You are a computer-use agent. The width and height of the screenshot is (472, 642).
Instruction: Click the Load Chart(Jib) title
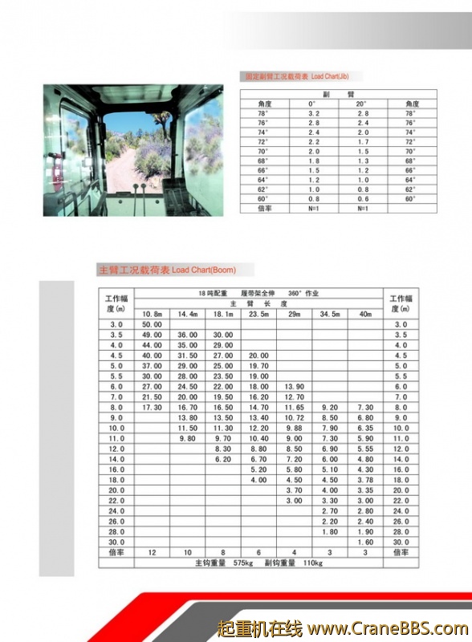coord(296,77)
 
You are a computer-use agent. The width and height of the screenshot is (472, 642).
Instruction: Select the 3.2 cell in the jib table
coord(314,114)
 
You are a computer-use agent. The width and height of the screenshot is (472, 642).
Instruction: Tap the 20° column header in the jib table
coord(361,104)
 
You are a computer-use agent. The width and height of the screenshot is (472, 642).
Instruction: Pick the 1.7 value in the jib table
coord(362,142)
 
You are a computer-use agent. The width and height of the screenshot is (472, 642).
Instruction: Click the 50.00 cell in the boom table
coord(152,324)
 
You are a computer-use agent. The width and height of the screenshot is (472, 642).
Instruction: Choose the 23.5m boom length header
coord(258,314)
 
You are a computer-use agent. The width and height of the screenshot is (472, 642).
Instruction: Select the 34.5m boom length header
coord(330,314)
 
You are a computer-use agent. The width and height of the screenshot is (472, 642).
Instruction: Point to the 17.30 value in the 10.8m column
coord(152,408)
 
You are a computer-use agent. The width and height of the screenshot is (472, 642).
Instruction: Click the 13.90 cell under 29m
coord(294,387)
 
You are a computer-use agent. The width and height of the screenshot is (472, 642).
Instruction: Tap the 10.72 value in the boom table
coord(294,418)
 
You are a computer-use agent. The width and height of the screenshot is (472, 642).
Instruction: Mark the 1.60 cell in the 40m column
coord(365,542)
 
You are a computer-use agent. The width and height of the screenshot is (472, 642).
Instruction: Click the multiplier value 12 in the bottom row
coord(152,553)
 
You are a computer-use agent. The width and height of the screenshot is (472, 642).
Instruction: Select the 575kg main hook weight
coord(244,563)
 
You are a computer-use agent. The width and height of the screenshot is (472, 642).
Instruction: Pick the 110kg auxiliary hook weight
coord(314,563)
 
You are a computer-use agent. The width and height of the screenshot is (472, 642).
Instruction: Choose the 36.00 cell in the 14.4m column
coord(187,335)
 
